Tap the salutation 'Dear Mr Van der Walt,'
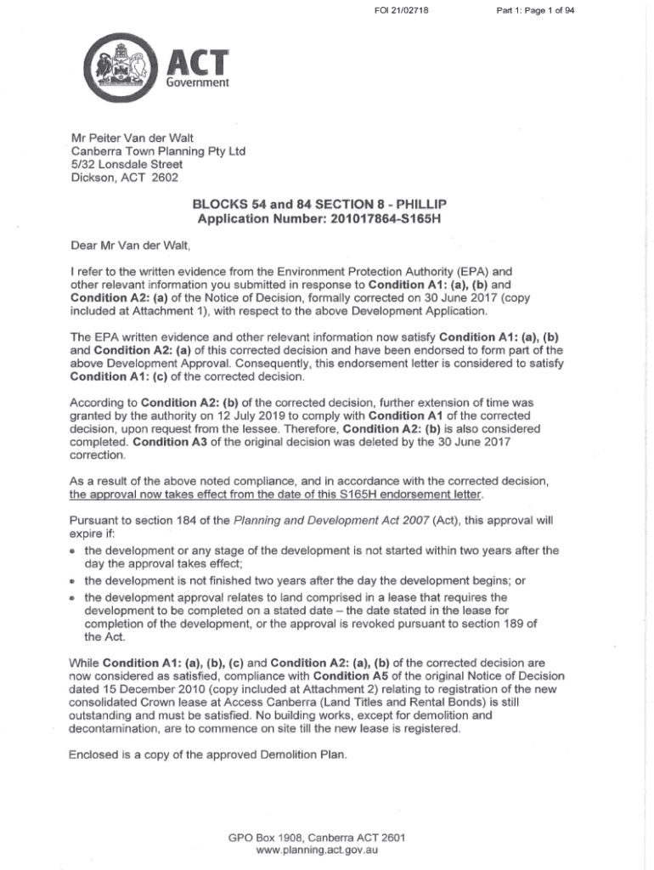pyautogui.click(x=131, y=246)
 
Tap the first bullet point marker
pyautogui.click(x=75, y=551)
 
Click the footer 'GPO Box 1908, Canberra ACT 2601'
pyautogui.click(x=317, y=837)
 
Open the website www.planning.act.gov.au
pyautogui.click(x=317, y=850)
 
